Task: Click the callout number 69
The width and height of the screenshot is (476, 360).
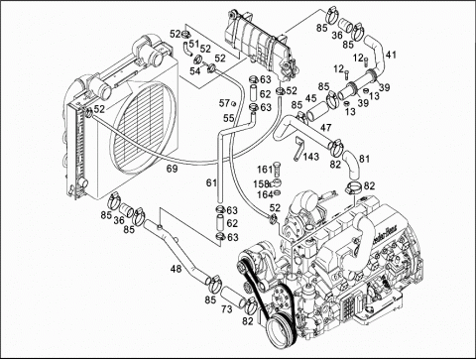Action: pos(172,170)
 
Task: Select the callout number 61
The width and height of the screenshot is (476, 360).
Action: pos(210,182)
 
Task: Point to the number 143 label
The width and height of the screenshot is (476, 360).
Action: pos(310,156)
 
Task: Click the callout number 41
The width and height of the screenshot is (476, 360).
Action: pos(391,54)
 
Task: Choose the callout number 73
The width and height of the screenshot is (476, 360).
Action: pos(226,309)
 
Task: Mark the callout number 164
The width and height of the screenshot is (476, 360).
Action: pos(266,193)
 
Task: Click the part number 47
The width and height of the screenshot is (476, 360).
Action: pos(326,126)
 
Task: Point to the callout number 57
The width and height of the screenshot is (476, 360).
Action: pos(224,103)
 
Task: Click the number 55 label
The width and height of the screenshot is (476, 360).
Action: pos(228,119)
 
